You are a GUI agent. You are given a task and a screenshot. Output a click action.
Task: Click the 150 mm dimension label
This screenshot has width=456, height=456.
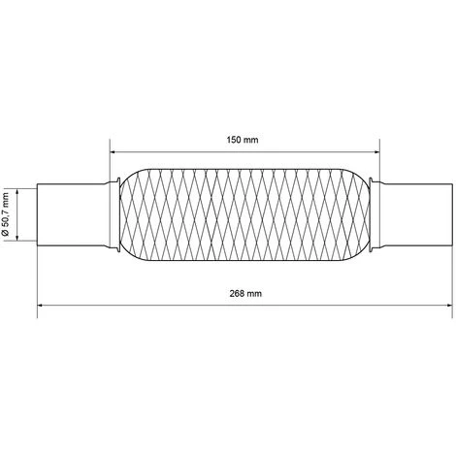243,140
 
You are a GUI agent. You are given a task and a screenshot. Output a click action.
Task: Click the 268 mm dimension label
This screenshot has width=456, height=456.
245,294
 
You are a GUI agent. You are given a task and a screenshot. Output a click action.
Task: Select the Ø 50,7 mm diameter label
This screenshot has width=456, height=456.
6,214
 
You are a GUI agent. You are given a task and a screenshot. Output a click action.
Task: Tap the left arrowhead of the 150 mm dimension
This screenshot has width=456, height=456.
114,151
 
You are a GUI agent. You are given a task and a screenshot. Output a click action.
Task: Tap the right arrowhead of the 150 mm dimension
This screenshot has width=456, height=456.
376,151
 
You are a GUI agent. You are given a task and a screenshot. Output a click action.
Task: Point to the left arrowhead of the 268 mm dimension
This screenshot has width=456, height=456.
41,305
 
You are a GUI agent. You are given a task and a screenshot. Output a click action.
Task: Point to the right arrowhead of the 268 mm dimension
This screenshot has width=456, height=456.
449,305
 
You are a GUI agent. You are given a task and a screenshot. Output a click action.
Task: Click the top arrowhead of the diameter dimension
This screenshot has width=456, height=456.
17,192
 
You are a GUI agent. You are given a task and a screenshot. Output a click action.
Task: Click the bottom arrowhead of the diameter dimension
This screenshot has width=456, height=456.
17,238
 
